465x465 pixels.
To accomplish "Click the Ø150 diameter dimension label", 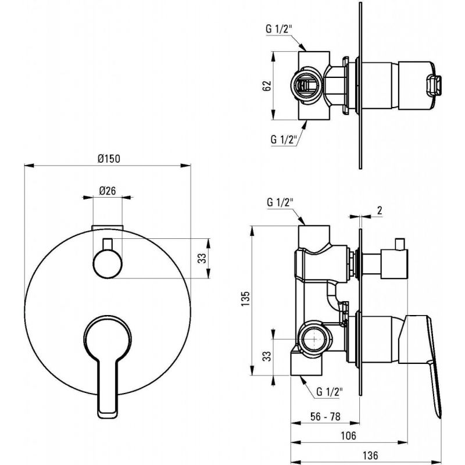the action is pyautogui.click(x=109, y=159).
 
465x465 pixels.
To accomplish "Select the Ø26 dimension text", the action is pyautogui.click(x=108, y=191).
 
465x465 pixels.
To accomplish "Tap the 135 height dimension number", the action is pyautogui.click(x=245, y=299).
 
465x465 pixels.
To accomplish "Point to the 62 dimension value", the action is pyautogui.click(x=267, y=85).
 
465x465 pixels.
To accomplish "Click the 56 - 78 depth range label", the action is pyautogui.click(x=325, y=417).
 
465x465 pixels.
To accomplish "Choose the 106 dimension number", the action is pyautogui.click(x=348, y=435).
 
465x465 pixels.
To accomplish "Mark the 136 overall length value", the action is pyautogui.click(x=370, y=455).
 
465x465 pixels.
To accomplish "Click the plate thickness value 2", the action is pyautogui.click(x=380, y=210).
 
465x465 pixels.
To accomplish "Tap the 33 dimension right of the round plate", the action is pyautogui.click(x=202, y=258).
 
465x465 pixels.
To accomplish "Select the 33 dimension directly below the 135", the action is pyautogui.click(x=267, y=356).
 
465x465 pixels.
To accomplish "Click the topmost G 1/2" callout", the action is pyautogui.click(x=279, y=29).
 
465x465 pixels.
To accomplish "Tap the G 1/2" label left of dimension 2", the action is pyautogui.click(x=280, y=202).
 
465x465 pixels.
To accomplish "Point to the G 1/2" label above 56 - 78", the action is pyautogui.click(x=330, y=392).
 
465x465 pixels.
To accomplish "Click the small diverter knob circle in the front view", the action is pyautogui.click(x=108, y=264).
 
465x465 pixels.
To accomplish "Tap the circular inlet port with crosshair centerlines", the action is pyautogui.click(x=314, y=339).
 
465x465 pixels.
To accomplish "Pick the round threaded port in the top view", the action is pyautogui.click(x=306, y=85).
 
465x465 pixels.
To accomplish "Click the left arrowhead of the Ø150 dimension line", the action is pyautogui.click(x=28, y=166).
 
